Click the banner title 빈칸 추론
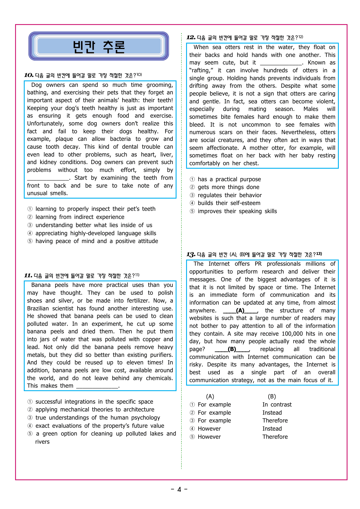(99, 47)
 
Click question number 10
(29, 75)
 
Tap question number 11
(28, 276)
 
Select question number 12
(191, 37)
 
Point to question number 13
(191, 255)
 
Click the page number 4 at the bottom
(179, 490)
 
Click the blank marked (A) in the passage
(240, 310)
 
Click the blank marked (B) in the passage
(232, 349)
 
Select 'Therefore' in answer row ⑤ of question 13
(275, 437)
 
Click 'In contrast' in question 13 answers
(277, 404)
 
